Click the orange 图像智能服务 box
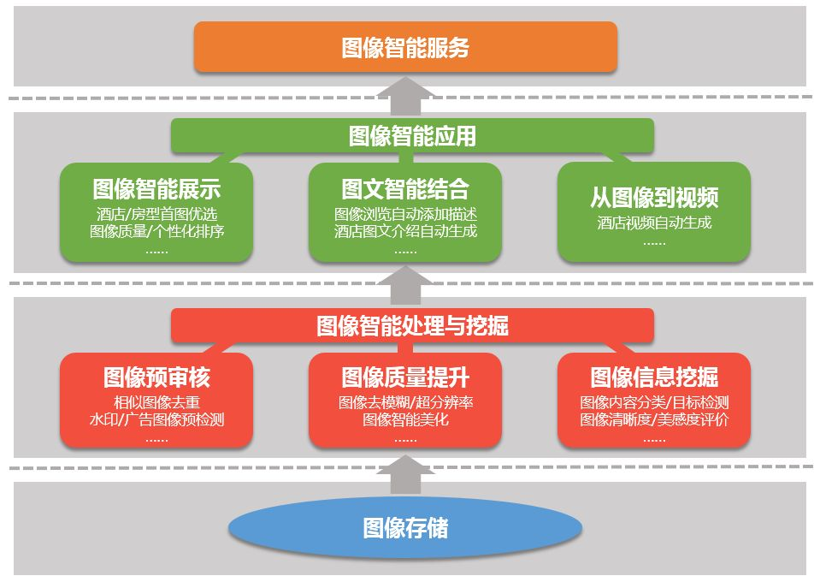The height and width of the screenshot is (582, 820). click(405, 47)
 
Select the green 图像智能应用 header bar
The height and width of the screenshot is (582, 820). click(412, 135)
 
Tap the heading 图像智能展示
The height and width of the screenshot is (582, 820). click(156, 189)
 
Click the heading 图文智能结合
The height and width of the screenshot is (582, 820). click(405, 189)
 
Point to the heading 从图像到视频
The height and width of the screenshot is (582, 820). click(654, 198)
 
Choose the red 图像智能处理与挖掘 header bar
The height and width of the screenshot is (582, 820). click(412, 325)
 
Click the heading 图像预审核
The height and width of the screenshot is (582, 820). click(156, 377)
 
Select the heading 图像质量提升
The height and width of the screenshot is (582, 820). click(405, 377)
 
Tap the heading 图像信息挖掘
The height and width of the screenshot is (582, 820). click(654, 377)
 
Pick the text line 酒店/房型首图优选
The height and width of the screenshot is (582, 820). click(156, 214)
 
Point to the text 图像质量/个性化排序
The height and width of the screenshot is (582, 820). click(156, 231)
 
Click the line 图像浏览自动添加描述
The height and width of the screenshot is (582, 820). click(405, 214)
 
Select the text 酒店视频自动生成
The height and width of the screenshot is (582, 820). click(654, 223)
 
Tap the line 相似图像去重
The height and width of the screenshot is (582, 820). click(156, 402)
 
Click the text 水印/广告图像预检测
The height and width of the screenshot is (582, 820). click(156, 419)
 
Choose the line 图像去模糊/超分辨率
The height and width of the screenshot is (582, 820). click(405, 402)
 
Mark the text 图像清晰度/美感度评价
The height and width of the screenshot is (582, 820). click(654, 419)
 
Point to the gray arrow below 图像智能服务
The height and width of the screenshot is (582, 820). click(405, 96)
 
